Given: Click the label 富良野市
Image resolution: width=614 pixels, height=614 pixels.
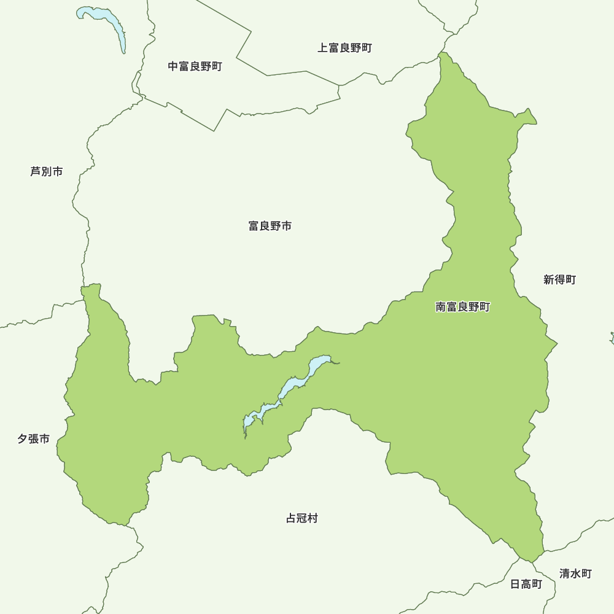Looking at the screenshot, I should pyautogui.click(x=270, y=226).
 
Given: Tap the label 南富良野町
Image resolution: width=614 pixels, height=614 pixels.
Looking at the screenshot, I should pyautogui.click(x=463, y=307).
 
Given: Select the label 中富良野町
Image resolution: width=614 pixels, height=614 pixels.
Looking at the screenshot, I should pyautogui.click(x=195, y=66).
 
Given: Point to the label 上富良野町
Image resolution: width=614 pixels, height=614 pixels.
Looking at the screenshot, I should pyautogui.click(x=345, y=48).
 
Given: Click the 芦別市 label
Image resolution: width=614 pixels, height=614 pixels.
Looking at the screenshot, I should pyautogui.click(x=47, y=171).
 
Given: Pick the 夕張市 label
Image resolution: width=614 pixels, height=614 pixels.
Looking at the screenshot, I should pyautogui.click(x=33, y=439).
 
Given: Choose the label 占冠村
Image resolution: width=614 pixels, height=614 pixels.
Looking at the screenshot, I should pyautogui.click(x=302, y=518).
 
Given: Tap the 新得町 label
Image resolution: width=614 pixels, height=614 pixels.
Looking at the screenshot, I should pyautogui.click(x=560, y=280).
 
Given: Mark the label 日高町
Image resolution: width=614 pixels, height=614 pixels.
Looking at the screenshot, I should pyautogui.click(x=526, y=584).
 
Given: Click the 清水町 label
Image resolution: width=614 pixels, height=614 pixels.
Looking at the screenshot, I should pyautogui.click(x=576, y=573).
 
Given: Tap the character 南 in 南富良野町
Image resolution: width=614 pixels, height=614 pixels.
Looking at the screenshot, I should pyautogui.click(x=441, y=307).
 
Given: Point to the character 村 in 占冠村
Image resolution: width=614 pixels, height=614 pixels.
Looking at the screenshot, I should pyautogui.click(x=313, y=518).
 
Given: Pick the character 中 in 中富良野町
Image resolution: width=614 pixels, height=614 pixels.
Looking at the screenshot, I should pyautogui.click(x=174, y=66).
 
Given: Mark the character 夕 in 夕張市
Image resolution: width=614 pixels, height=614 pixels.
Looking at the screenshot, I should pyautogui.click(x=23, y=439).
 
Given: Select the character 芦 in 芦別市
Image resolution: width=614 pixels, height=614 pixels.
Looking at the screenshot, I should pyautogui.click(x=36, y=171).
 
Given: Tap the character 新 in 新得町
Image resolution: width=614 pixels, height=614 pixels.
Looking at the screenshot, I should pyautogui.click(x=549, y=280).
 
